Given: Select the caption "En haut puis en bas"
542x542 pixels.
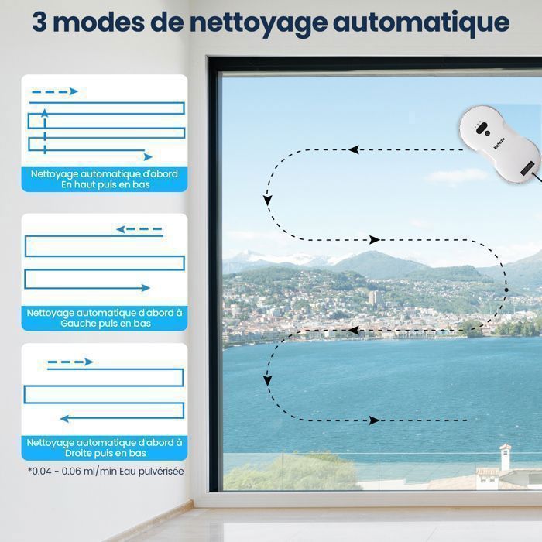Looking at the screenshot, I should click(105, 185).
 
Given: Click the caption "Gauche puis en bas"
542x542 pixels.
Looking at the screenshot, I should click(105, 324).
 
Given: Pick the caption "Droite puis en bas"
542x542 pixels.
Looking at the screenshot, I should click(105, 453).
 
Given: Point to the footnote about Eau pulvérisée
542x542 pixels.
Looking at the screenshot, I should click(106, 471).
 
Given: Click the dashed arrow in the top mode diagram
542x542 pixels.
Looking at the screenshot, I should click(54, 91).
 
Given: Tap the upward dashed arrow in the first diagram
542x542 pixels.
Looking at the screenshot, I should click(45, 128).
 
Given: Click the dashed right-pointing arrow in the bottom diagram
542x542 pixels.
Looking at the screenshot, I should click(70, 362).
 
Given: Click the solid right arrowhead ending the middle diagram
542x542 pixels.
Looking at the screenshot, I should click(146, 287).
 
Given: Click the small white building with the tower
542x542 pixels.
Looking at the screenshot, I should click(504, 456).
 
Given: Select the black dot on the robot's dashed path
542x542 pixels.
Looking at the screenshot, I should click(506, 290).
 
